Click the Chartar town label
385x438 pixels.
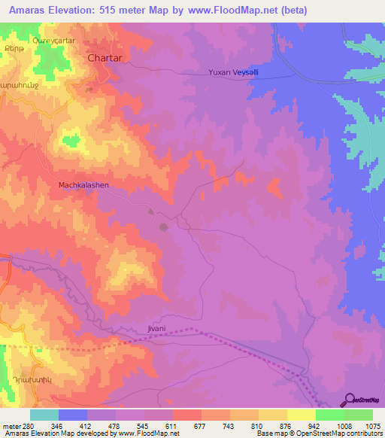(x=105, y=57)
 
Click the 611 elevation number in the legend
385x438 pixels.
(x=172, y=425)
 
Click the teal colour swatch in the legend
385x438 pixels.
(x=44, y=415)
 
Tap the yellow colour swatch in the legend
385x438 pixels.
(x=301, y=415)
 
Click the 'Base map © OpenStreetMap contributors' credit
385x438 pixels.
(x=319, y=433)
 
